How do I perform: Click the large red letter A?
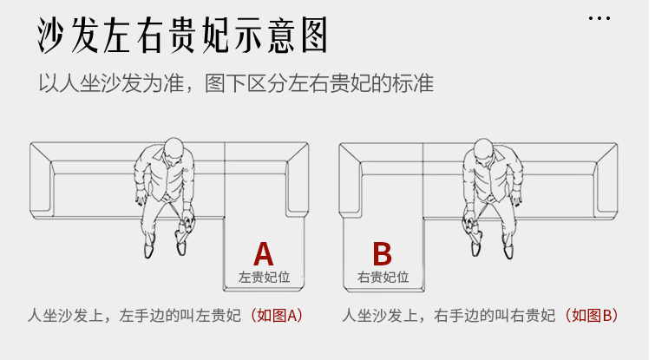[x=263, y=254]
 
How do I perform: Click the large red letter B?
[x=382, y=254]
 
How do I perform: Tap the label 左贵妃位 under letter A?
[x=263, y=278]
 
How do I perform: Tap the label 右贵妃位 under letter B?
[x=382, y=278]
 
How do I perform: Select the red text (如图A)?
[x=278, y=316]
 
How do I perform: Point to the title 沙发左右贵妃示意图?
[x=183, y=36]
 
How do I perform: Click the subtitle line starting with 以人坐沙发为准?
[x=235, y=84]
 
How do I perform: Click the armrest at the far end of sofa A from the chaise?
[x=41, y=180]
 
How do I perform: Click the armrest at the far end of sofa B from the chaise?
[x=608, y=180]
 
